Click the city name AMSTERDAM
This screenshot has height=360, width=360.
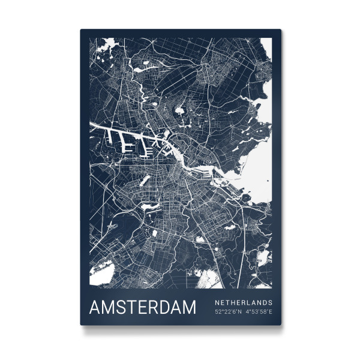pyautogui.click(x=142, y=308)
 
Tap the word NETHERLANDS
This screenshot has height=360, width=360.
pyautogui.click(x=244, y=302)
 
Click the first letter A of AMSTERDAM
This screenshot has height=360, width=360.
pyautogui.click(x=95, y=308)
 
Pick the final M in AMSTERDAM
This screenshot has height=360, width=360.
pyautogui.click(x=188, y=308)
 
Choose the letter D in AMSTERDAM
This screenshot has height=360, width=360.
pyautogui.click(x=161, y=308)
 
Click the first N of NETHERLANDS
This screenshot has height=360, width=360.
pyautogui.click(x=217, y=302)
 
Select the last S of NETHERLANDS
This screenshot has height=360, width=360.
pyautogui.click(x=271, y=302)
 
